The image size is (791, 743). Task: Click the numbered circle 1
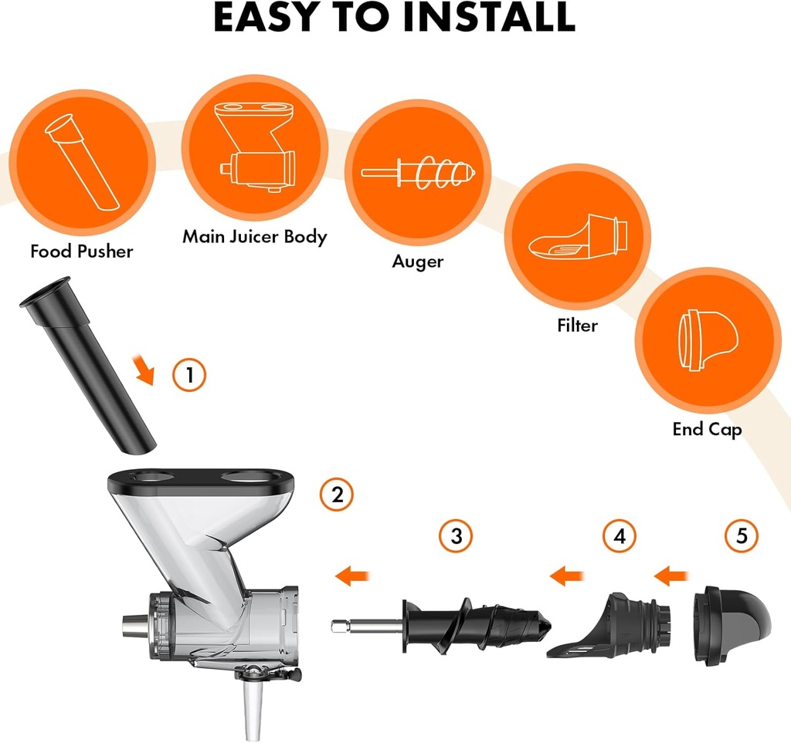[x=189, y=375]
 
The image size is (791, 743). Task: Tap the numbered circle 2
[x=337, y=495]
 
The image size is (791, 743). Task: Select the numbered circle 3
[x=456, y=536]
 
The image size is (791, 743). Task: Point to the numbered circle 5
[x=742, y=536]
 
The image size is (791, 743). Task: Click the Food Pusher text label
[x=82, y=252]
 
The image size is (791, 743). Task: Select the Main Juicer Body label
[x=254, y=237]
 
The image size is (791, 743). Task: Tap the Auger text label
[x=418, y=262]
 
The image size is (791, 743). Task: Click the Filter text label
[x=577, y=326]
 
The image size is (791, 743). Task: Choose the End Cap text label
[x=707, y=429]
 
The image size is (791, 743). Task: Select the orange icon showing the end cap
[x=708, y=339]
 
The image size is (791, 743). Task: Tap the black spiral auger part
[x=479, y=625]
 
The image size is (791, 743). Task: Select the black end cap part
[x=731, y=625]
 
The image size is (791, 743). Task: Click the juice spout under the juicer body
[x=250, y=706]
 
